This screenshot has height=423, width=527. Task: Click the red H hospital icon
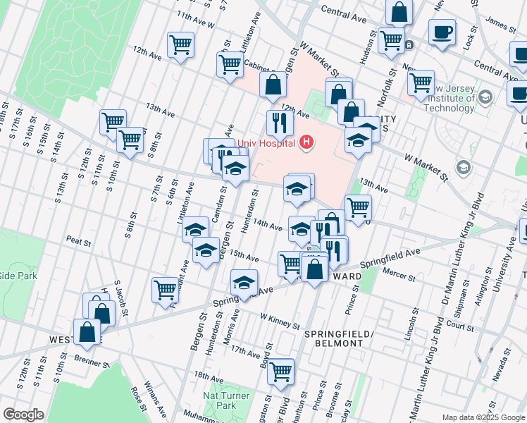pos(306,142)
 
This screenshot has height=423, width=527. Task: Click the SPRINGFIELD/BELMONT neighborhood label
pos(334,338)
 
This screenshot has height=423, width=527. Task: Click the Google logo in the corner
pos(23,415)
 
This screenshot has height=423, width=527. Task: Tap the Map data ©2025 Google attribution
pos(483,417)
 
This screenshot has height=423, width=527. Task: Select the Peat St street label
pos(79,243)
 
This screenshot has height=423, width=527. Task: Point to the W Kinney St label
pos(280,321)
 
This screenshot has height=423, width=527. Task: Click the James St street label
pos(500,26)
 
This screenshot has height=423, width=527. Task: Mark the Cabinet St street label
pos(258,65)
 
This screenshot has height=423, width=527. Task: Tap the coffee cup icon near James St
pos(442,32)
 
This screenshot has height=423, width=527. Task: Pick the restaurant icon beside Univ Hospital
pos(280,123)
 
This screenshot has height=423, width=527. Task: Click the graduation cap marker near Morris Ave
pos(244,283)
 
